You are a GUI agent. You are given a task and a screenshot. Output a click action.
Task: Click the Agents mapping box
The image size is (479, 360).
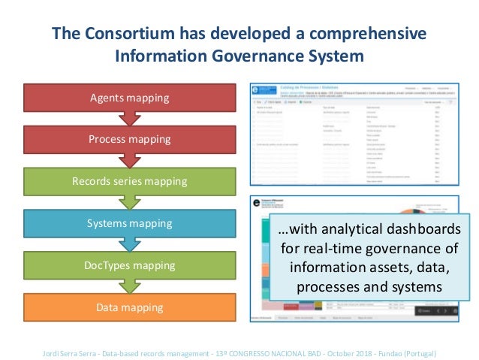(x=130, y=98)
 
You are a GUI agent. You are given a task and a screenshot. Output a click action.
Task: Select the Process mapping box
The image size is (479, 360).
(x=130, y=139)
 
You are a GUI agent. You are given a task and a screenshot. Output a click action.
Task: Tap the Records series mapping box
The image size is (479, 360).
(x=130, y=181)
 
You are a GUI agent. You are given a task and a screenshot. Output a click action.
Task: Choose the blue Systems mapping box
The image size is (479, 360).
(x=130, y=223)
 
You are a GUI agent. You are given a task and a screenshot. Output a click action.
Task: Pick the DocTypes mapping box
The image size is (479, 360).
(x=130, y=265)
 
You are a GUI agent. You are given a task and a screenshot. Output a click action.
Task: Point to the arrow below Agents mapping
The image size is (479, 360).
(x=130, y=119)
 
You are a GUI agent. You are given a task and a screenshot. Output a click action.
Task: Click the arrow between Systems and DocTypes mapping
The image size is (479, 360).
(x=130, y=244)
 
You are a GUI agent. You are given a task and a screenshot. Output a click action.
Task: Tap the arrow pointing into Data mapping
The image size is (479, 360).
(x=130, y=286)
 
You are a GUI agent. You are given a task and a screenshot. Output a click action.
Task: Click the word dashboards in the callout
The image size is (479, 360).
(x=418, y=230)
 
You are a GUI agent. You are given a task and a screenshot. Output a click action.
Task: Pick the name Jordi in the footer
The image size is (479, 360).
(x=53, y=352)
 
